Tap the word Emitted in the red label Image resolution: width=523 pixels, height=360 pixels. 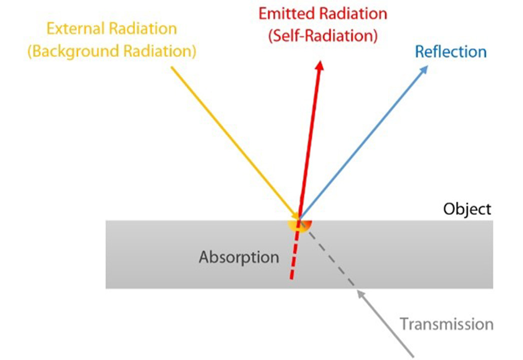285,13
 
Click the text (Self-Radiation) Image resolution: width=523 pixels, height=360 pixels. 322,35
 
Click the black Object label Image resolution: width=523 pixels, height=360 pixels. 467,209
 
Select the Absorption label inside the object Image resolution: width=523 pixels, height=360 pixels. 238,257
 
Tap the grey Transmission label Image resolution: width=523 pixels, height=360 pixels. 446,324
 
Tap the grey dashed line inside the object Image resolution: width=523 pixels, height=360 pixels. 330,256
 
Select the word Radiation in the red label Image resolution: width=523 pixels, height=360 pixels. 353,13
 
